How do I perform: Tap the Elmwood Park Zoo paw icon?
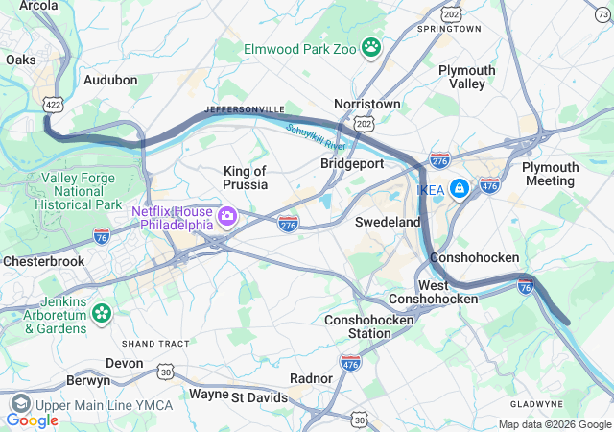(x=371, y=46)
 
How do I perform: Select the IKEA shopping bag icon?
(x=460, y=188)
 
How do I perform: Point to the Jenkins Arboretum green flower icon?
(x=101, y=314)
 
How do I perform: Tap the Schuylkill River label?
(x=315, y=138)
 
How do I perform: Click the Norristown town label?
(x=366, y=103)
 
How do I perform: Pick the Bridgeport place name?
(x=352, y=163)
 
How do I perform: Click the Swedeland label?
(x=388, y=222)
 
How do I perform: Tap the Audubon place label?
(x=110, y=81)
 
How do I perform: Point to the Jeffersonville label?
(x=245, y=110)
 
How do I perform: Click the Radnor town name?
(x=311, y=378)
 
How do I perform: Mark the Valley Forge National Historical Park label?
(x=81, y=191)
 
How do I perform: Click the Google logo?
(x=33, y=420)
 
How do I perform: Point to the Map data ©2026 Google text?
(x=554, y=424)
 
